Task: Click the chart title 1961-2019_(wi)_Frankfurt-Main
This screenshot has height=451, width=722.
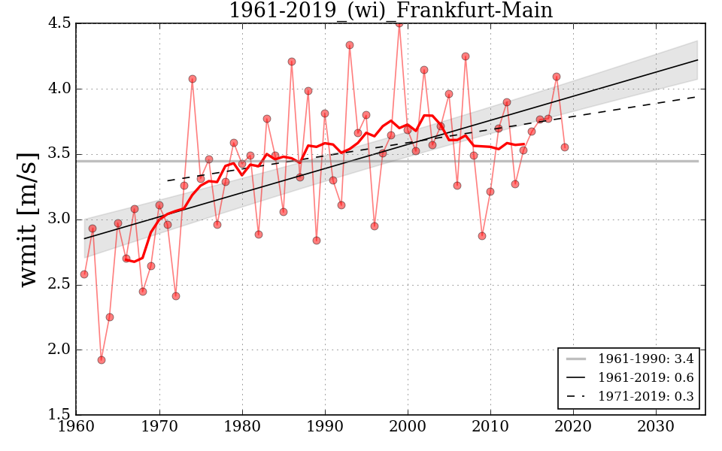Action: click(390, 11)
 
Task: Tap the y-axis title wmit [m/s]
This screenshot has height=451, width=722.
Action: click(29, 219)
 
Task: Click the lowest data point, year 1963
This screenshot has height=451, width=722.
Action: click(102, 360)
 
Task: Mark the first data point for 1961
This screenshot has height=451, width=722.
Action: click(84, 274)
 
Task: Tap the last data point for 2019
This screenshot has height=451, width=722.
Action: click(565, 147)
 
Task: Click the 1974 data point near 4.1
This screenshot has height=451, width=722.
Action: click(193, 79)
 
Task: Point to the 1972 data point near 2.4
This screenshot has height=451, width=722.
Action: click(176, 296)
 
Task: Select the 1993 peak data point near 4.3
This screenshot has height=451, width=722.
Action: click(350, 45)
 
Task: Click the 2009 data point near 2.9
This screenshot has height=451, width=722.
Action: click(482, 236)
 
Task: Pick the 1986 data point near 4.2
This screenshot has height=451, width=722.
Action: click(292, 62)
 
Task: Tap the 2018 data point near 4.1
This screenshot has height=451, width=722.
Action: click(557, 77)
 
